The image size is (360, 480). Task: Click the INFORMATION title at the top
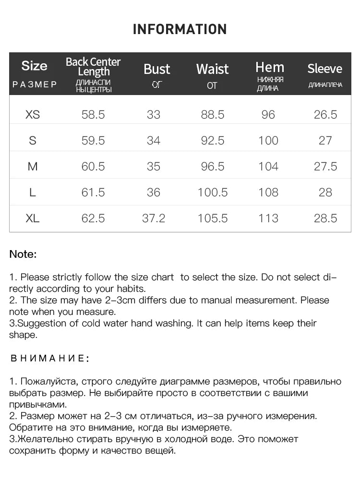pyautogui.click(x=180, y=29)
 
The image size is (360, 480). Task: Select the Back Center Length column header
pyautogui.click(x=93, y=67)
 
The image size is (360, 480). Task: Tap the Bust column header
pyautogui.click(x=156, y=69)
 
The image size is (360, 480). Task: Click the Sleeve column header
pyautogui.click(x=325, y=69)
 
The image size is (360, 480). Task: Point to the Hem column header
pyautogui.click(x=270, y=67)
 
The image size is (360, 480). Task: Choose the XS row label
pyautogui.click(x=33, y=115)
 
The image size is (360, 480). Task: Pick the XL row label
pyautogui.click(x=33, y=218)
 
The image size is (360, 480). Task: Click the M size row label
pyautogui.click(x=33, y=167)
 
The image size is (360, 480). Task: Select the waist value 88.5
pyautogui.click(x=213, y=115)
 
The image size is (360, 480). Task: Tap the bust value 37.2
pyautogui.click(x=154, y=218)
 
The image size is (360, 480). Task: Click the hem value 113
pyautogui.click(x=268, y=218)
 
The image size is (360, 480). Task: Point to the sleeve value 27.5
pyautogui.click(x=325, y=167)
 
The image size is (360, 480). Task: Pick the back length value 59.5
pyautogui.click(x=93, y=141)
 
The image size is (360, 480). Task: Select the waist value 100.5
pyautogui.click(x=213, y=192)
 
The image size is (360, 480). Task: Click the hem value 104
pyautogui.click(x=268, y=167)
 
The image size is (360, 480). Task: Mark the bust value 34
pyautogui.click(x=154, y=141)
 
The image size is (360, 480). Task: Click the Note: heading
pyautogui.click(x=23, y=254)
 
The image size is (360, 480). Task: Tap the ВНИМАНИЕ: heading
pyautogui.click(x=49, y=359)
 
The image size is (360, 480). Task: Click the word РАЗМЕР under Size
pyautogui.click(x=35, y=84)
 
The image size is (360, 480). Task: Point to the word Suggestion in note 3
pyautogui.click(x=39, y=323)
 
